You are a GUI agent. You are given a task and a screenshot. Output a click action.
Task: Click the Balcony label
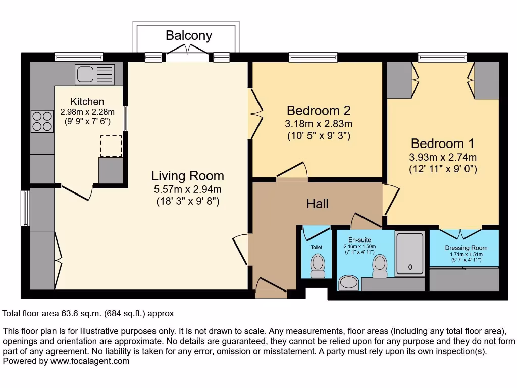click(189, 35)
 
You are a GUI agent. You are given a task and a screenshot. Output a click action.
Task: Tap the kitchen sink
click(95, 74)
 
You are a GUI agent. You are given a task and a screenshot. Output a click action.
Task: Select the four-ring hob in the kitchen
click(42, 121)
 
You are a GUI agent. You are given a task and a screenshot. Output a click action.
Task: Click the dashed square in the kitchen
click(111, 146)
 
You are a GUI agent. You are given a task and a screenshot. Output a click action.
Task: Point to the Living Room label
click(187, 176)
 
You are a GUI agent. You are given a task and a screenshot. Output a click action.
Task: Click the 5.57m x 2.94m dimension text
click(187, 189)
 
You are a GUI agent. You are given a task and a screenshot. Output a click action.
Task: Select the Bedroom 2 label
click(319, 110)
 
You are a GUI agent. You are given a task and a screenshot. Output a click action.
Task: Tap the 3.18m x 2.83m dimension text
click(319, 124)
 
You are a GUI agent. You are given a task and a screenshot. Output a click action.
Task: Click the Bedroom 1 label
click(443, 143)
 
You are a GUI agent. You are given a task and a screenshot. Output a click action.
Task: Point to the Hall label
click(317, 203)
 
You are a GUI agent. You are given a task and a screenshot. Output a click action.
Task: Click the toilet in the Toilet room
click(318, 266)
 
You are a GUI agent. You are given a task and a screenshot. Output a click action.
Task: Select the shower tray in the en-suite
click(409, 253)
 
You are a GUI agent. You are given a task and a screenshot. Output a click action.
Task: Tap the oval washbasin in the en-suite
click(348, 282)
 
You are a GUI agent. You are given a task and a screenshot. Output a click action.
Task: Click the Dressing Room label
click(466, 248)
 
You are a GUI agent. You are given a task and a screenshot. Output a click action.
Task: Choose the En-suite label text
click(359, 239)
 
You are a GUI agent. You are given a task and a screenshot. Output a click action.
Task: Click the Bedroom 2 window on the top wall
click(313, 57)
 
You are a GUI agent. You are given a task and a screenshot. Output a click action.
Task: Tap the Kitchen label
click(87, 102)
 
